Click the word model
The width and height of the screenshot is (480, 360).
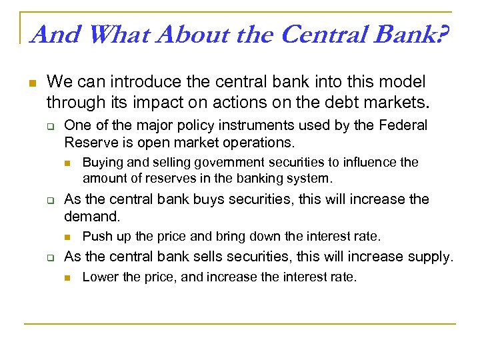(x=401, y=83)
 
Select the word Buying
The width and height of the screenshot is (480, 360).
(x=101, y=162)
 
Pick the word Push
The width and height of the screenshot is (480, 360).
(x=95, y=236)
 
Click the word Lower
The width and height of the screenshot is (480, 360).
(x=98, y=277)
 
